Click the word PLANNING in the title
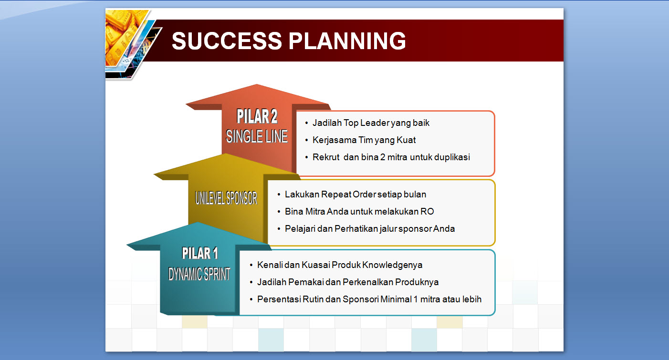(347, 41)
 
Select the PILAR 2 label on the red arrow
(257, 116)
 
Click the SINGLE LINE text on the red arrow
(257, 136)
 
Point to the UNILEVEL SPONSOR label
(226, 197)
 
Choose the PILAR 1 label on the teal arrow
(199, 253)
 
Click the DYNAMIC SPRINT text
(199, 274)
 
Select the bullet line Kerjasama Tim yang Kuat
(364, 140)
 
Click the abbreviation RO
(427, 211)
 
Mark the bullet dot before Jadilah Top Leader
(306, 123)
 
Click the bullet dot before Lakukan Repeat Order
(279, 195)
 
